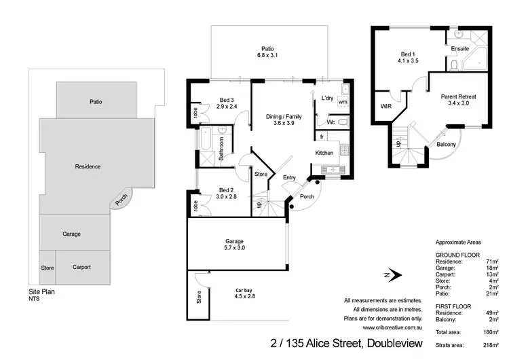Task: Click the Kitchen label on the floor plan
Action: click(x=324, y=153)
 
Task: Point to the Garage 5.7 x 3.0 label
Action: click(x=235, y=245)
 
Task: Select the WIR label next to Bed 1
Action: click(x=386, y=107)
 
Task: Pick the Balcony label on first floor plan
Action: click(x=446, y=144)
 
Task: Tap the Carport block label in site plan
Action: click(x=81, y=267)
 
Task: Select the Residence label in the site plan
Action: click(x=88, y=166)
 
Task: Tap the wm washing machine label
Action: click(x=342, y=103)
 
